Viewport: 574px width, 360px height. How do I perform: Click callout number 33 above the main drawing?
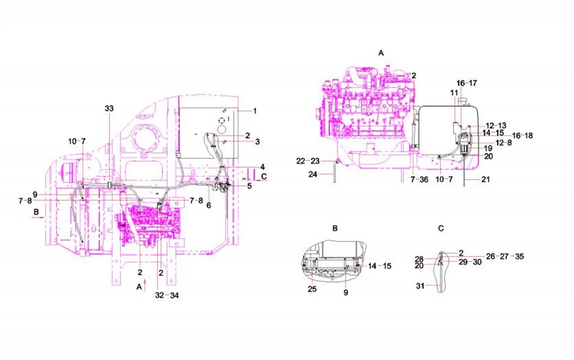tap(109, 108)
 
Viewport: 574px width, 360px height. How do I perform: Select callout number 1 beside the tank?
tap(255, 110)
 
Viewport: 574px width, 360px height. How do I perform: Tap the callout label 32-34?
tap(167, 295)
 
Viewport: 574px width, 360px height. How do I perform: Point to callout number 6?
tap(209, 205)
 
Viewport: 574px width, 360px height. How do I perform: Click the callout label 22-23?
tap(308, 160)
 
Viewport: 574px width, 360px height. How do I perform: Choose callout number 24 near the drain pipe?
tap(313, 174)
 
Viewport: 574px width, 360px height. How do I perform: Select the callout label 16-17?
tap(467, 83)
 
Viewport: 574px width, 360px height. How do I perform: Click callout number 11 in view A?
tap(454, 93)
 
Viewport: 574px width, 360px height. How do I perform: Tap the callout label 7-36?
tap(419, 179)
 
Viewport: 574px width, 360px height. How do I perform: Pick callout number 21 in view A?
tap(485, 179)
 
